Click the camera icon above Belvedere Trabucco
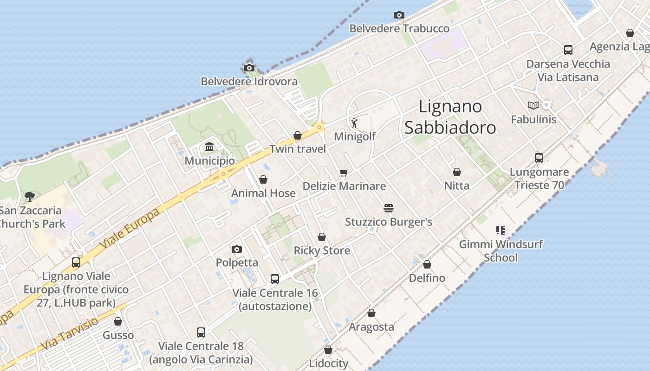point(399,15)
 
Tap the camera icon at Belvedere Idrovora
point(249,68)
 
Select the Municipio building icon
point(209,147)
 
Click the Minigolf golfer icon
point(355,123)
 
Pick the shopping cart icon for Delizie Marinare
point(344,173)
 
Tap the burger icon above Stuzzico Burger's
point(389,208)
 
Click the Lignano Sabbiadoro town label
point(450,117)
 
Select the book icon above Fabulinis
point(533,106)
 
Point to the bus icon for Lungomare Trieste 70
point(539,158)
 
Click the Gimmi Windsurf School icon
point(500,230)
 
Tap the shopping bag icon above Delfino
point(427,264)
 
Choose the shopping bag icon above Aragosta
point(371,313)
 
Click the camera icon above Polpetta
point(237,249)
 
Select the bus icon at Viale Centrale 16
point(275,279)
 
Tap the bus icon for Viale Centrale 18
point(201,333)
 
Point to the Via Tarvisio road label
point(70,334)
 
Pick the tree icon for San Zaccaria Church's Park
point(30,196)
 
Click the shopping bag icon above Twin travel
point(298,135)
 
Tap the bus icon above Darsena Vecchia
point(568,50)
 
